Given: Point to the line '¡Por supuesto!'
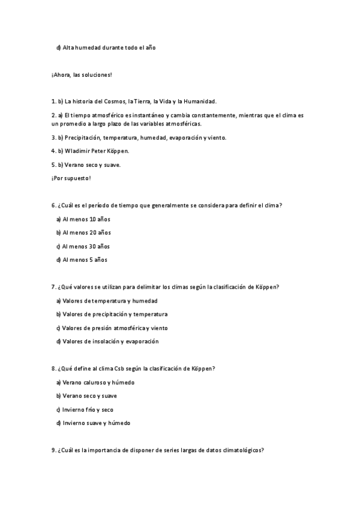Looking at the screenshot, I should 71,178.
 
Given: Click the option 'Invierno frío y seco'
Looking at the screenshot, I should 88,410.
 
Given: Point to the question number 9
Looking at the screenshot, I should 54,451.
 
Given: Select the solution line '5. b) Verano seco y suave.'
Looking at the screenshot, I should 86,165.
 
